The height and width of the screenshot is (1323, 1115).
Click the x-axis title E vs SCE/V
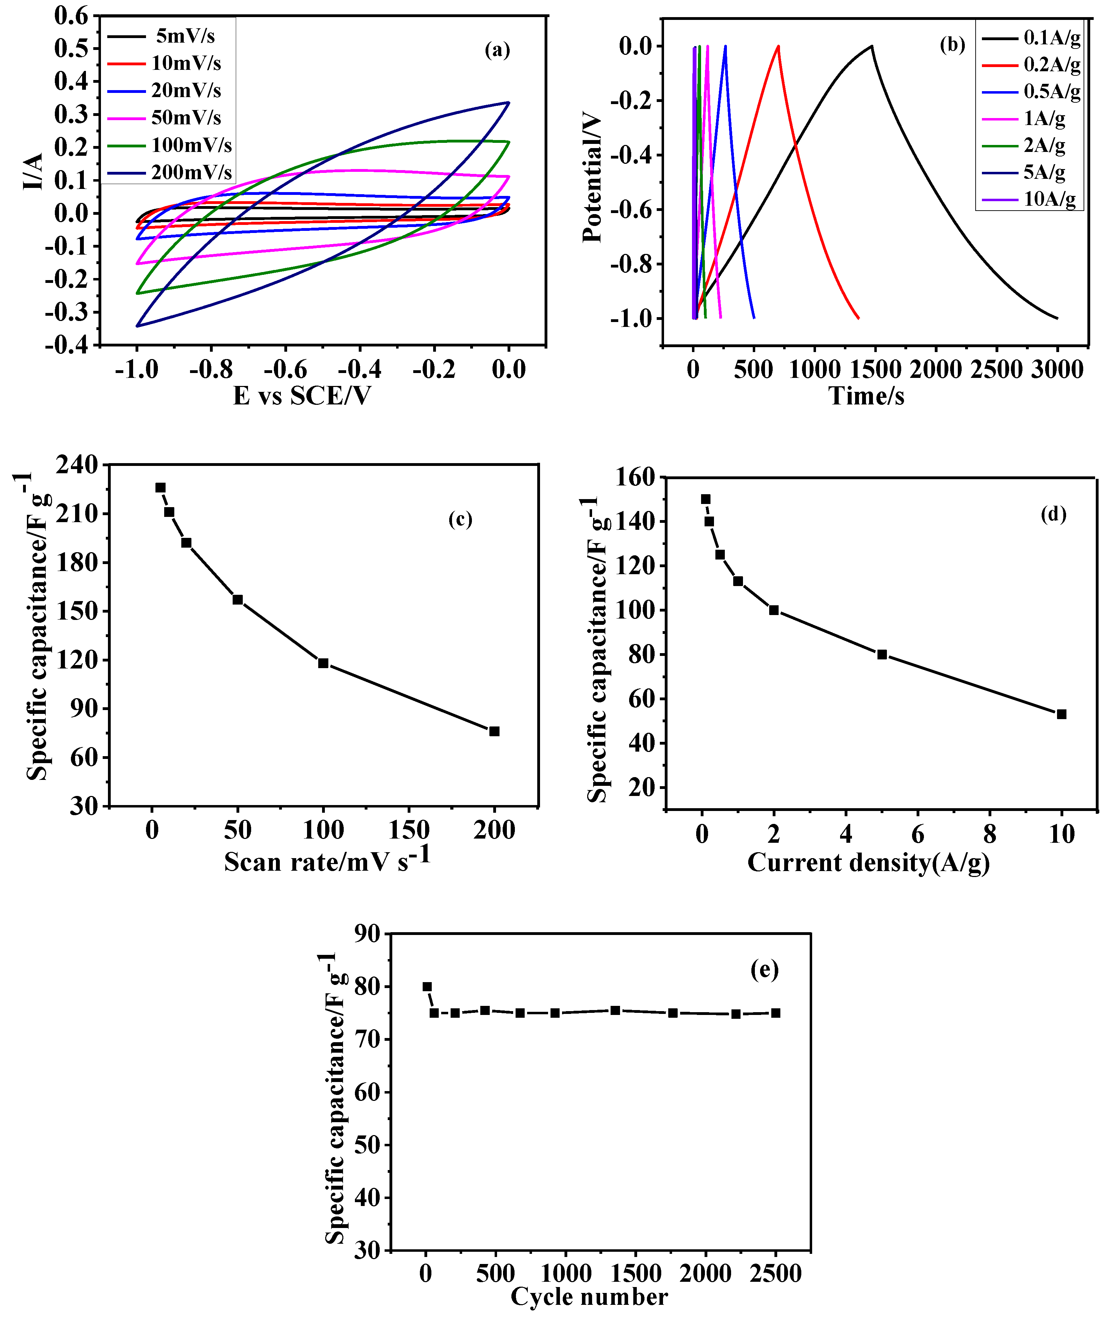click(302, 396)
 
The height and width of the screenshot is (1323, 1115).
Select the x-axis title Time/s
click(866, 396)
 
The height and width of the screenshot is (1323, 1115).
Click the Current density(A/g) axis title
click(868, 863)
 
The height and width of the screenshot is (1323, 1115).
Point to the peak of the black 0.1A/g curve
click(872, 46)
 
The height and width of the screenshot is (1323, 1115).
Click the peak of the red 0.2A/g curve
click(778, 46)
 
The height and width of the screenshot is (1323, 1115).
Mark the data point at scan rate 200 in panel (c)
click(494, 731)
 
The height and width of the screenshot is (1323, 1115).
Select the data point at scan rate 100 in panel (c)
click(323, 663)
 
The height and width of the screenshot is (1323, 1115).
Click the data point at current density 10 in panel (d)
click(1061, 714)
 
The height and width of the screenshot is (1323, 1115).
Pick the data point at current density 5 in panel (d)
click(882, 654)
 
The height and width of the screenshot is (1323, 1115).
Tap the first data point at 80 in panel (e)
click(427, 987)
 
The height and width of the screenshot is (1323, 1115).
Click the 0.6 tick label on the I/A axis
click(71, 16)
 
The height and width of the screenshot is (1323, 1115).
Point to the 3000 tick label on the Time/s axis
click(1057, 370)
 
